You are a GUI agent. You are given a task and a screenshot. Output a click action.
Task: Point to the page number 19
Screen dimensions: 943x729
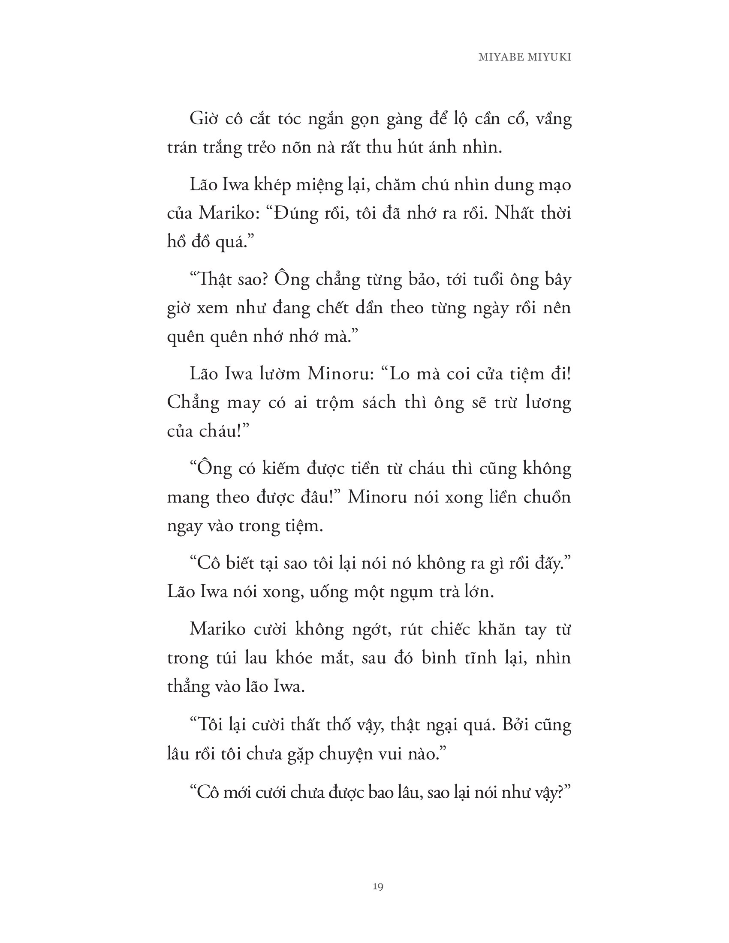pos(378,887)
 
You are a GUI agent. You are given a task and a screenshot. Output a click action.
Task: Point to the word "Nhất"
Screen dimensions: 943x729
pos(513,213)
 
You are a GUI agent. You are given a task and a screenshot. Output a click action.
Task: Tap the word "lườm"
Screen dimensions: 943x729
pos(280,374)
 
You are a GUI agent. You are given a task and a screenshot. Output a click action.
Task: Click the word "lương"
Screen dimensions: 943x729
pos(548,402)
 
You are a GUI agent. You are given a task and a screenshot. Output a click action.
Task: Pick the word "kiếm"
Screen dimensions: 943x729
pos(281,468)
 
